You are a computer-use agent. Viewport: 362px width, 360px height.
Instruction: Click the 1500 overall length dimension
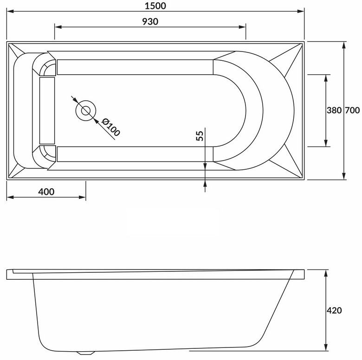[155, 6]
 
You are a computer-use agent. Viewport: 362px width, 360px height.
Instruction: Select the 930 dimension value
[150, 22]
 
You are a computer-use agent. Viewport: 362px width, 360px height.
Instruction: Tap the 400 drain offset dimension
[46, 192]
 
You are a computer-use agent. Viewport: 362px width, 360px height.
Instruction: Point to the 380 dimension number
[334, 110]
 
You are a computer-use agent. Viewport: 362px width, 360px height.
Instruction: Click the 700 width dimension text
[352, 110]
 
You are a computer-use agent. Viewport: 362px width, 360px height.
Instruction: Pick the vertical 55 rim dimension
[200, 135]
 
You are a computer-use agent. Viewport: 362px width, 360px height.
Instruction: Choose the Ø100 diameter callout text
[111, 127]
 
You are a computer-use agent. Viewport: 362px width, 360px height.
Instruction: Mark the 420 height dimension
[334, 310]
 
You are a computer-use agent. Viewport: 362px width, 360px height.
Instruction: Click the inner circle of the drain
[86, 110]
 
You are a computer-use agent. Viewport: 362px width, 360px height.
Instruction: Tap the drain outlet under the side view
[86, 353]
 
